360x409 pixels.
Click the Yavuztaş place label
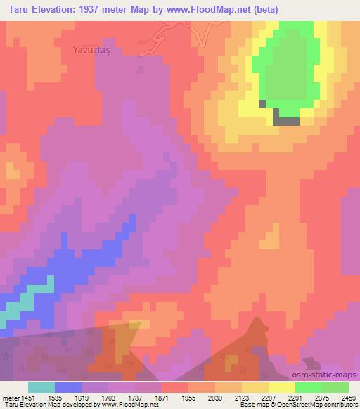[94, 50]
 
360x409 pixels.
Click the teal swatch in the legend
[41, 387]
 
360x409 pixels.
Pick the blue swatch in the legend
[68, 387]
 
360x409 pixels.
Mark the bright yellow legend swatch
[282, 387]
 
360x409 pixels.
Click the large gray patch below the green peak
[285, 120]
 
